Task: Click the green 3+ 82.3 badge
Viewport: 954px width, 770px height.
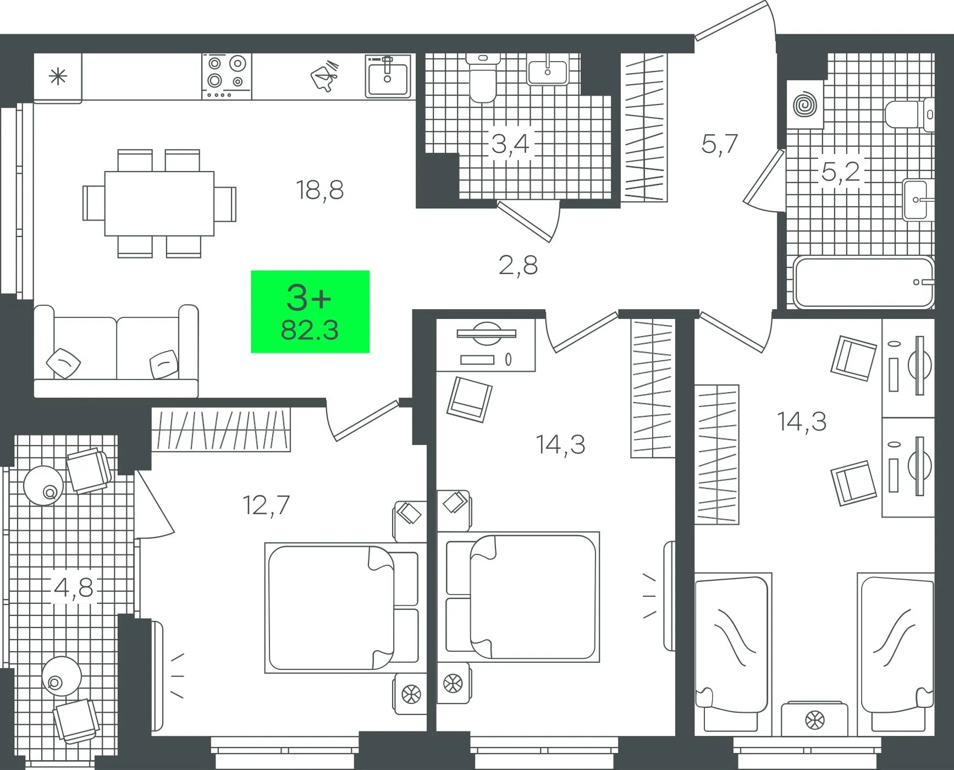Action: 310,311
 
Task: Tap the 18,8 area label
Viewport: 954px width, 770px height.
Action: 319,190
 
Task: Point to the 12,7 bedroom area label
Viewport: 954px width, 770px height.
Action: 266,505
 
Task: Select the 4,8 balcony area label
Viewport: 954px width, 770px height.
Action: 74,587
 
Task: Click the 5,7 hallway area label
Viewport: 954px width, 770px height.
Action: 719,144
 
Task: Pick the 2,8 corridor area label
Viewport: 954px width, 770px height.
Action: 518,265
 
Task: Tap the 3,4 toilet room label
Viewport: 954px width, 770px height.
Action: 510,144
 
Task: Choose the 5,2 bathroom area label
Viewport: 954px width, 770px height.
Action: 840,172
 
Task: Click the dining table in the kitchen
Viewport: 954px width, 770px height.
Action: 159,204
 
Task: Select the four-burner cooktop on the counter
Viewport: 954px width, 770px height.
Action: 227,76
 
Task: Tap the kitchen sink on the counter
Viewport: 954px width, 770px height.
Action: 388,76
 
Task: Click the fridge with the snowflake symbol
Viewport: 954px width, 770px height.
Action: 58,77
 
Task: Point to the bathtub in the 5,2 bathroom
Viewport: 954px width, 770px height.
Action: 864,283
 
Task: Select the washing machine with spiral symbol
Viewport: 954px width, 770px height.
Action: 805,105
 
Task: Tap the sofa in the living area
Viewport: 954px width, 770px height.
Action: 116,351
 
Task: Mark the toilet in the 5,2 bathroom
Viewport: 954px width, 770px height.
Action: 910,114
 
